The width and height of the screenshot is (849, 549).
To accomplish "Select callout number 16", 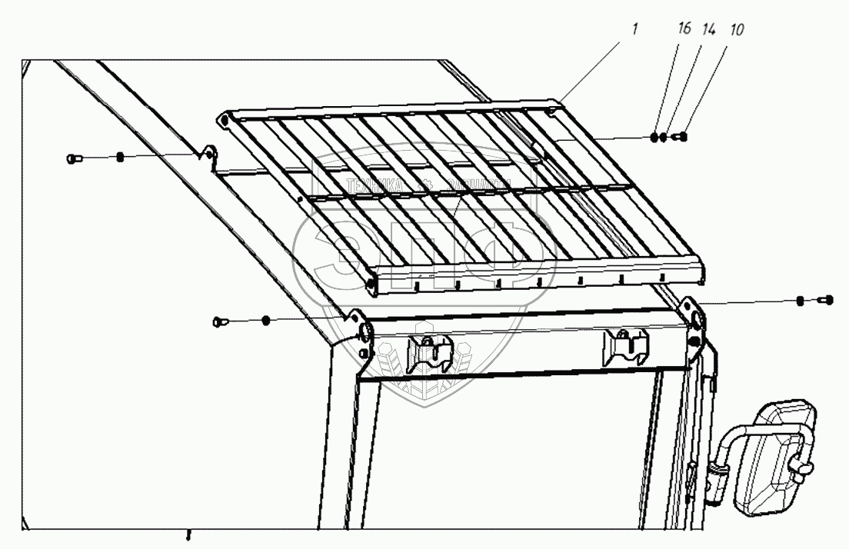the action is [684, 29].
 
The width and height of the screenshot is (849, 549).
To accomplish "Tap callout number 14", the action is [708, 29].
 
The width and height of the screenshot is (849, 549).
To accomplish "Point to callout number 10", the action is [737, 29].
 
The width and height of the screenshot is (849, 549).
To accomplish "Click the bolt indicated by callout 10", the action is [680, 138].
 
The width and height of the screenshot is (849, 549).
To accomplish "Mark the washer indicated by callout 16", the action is [654, 138].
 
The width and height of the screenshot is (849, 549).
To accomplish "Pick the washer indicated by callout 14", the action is [664, 138].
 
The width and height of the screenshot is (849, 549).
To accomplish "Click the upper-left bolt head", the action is [72, 158].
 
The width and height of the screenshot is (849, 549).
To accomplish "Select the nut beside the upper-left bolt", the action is [120, 158].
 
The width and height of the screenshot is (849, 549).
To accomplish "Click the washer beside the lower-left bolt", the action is [265, 319].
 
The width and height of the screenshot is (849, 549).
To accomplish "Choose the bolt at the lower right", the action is [827, 300].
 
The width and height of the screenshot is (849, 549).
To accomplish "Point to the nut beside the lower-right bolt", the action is [801, 300].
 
